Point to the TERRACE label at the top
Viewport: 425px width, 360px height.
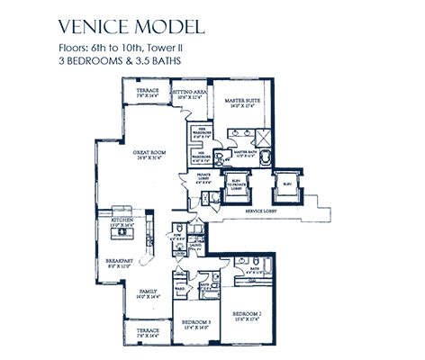147,93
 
